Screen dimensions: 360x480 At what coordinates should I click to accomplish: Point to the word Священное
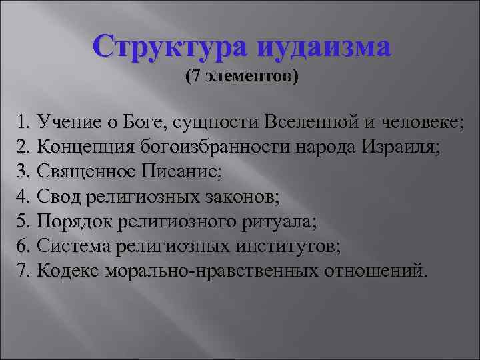(85, 172)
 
